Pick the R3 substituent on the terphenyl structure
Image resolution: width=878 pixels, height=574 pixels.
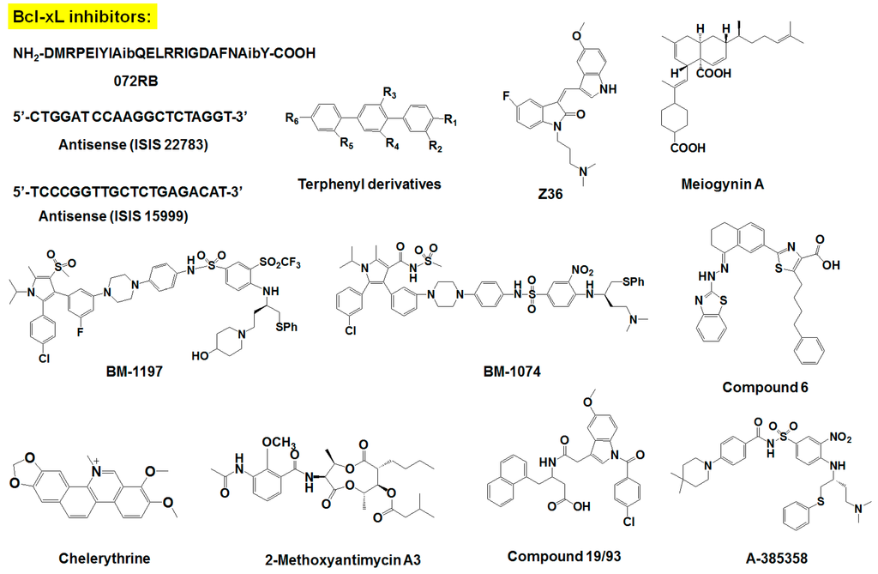(388, 92)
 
